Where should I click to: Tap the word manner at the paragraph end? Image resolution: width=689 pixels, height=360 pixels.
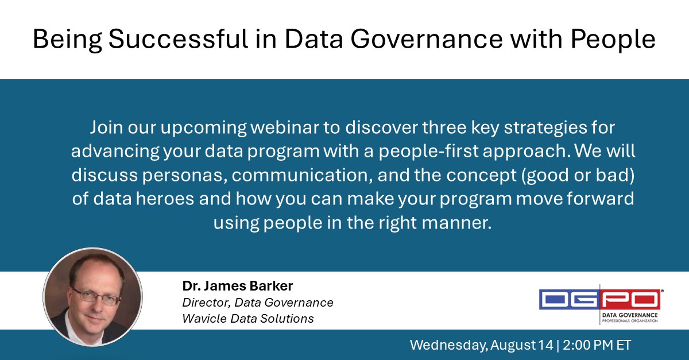462,222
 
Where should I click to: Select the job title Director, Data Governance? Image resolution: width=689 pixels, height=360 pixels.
258,302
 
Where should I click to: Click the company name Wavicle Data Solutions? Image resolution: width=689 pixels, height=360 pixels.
248,318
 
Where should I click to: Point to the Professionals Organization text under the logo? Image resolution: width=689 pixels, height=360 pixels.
630,320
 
